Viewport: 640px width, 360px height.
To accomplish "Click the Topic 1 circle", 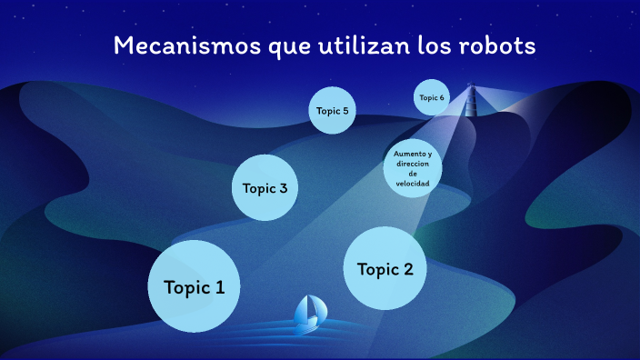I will (x=194, y=286).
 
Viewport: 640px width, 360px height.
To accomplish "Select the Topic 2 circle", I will (x=385, y=267).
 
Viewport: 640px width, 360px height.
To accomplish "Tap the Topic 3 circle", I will (x=265, y=187).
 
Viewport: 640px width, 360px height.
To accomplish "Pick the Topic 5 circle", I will (x=332, y=110).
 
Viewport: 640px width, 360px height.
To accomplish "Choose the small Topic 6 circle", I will (x=432, y=97).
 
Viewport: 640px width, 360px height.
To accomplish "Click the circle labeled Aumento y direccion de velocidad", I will (x=412, y=168).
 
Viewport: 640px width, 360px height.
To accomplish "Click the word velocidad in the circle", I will (x=413, y=183).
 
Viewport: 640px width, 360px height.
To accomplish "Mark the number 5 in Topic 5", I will (x=345, y=111).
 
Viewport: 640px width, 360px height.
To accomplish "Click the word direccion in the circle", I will (x=412, y=164).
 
